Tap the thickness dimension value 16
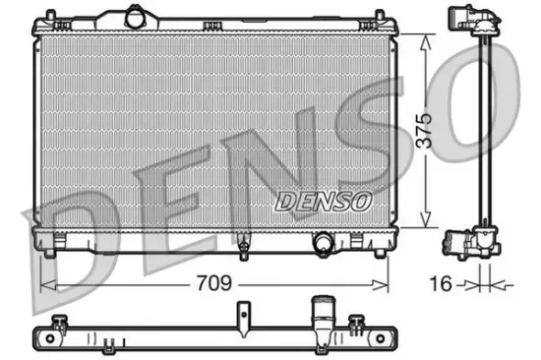pyautogui.click(x=445, y=284)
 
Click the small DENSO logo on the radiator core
pyautogui.click(x=322, y=201)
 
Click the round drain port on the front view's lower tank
pyautogui.click(x=323, y=242)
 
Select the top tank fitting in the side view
pyautogui.click(x=470, y=21)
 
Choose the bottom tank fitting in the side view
pyautogui.click(x=468, y=240)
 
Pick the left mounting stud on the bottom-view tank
pyautogui.click(x=61, y=321)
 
